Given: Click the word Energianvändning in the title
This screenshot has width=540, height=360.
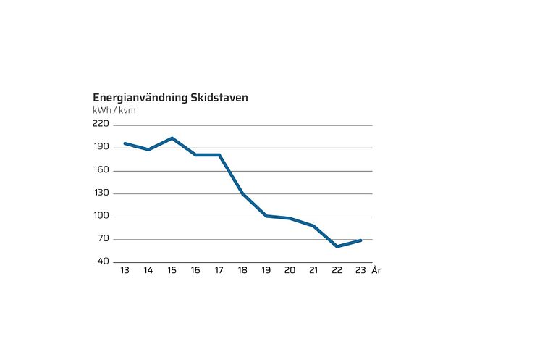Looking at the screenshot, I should click(140, 98).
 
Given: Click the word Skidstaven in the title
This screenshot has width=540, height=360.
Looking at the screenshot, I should click(219, 98).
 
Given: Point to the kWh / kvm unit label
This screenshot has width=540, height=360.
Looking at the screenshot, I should click(114, 110).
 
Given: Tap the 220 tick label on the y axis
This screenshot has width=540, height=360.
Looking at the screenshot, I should click(101, 125).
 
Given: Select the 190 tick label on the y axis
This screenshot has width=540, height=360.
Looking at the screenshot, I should click(101, 147).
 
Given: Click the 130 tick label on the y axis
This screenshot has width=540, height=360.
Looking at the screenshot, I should click(101, 193).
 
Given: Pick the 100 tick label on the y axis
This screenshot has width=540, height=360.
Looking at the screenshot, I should click(101, 216).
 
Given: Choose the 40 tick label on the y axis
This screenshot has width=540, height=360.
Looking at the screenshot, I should click(103, 261).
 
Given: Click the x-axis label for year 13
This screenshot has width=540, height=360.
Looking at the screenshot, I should click(125, 270).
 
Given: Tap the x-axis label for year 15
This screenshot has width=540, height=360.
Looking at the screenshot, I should click(172, 270).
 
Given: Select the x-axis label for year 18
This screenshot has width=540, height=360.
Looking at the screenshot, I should click(242, 270).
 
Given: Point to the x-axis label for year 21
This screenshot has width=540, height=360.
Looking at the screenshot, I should click(313, 270).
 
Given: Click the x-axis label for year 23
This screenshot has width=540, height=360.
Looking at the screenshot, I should click(360, 270).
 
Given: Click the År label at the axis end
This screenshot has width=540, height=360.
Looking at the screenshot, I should click(376, 270).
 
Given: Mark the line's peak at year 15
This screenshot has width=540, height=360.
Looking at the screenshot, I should click(172, 138).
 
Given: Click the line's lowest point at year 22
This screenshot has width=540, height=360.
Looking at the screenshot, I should click(337, 246).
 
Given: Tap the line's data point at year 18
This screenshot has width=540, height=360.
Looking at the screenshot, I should click(242, 194).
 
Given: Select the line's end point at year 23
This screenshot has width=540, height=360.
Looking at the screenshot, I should click(360, 240).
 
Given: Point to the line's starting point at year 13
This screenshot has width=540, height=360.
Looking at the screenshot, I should click(125, 143).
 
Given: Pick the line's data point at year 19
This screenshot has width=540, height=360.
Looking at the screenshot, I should click(266, 216).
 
